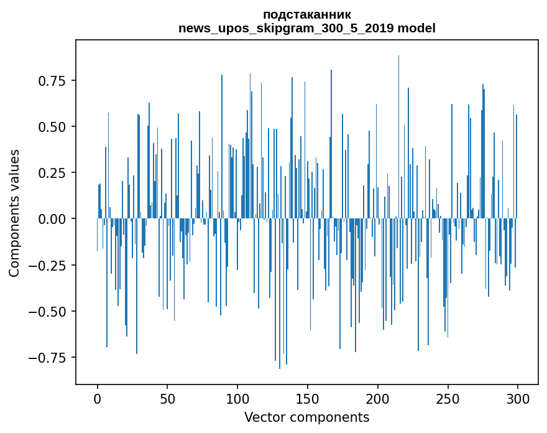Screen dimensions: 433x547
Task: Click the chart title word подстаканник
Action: [306, 14]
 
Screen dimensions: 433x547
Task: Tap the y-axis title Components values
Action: [14, 213]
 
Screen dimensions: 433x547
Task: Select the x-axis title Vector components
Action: [306, 417]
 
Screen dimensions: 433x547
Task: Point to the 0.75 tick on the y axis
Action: [53, 81]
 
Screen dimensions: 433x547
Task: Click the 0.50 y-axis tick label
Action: [53, 127]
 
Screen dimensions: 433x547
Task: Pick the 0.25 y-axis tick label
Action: [53, 173]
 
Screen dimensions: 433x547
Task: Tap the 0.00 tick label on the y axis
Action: [53, 219]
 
